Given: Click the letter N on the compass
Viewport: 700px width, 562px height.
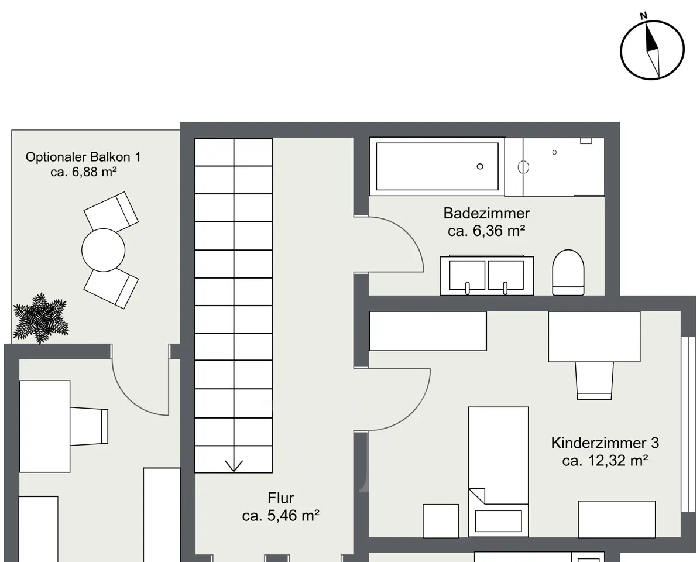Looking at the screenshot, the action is [x=643, y=16].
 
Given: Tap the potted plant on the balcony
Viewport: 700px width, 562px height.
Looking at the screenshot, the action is [x=41, y=318].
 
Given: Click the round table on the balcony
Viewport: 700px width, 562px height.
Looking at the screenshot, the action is [x=104, y=250].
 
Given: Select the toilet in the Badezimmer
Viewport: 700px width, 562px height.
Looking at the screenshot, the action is [x=568, y=273].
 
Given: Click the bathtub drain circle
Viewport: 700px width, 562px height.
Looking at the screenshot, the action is [x=480, y=166].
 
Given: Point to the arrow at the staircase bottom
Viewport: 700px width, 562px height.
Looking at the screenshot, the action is [x=234, y=465].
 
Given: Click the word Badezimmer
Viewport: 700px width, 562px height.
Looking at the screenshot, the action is [x=486, y=213].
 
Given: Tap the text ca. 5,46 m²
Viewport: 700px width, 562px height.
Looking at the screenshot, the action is [x=281, y=516].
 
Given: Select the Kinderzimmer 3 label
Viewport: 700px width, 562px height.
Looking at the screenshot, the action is [x=605, y=443].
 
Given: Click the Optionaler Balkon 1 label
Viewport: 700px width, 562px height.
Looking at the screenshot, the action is [x=83, y=157].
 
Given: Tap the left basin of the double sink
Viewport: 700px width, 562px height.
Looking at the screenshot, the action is [x=467, y=275].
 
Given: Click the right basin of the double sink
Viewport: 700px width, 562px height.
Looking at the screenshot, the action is [x=506, y=275].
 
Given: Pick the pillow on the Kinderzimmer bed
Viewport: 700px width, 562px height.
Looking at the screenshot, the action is [x=498, y=521].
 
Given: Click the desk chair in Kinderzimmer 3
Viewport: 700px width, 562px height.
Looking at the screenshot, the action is [x=594, y=381].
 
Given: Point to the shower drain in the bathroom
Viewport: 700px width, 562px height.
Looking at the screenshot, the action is [x=554, y=152].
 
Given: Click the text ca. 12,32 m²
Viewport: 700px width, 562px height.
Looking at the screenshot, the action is [x=605, y=460].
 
